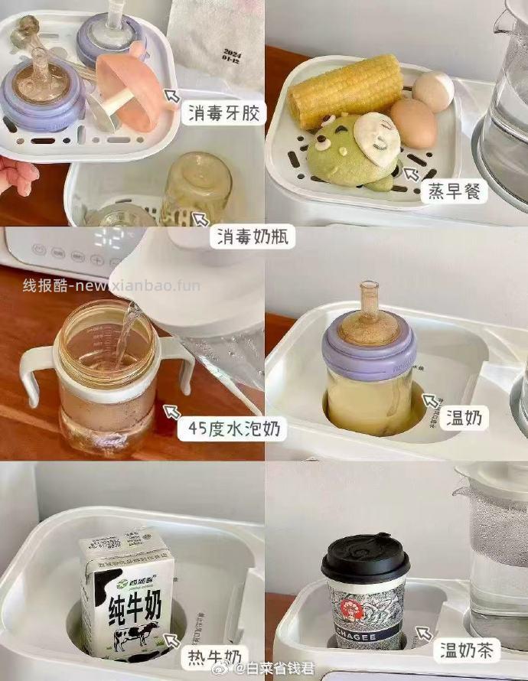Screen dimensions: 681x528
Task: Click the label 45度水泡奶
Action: pyautogui.click(x=231, y=430)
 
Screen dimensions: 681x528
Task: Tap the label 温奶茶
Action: pyautogui.click(x=468, y=651)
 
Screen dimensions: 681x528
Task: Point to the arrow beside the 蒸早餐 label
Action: pyautogui.click(x=412, y=174)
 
